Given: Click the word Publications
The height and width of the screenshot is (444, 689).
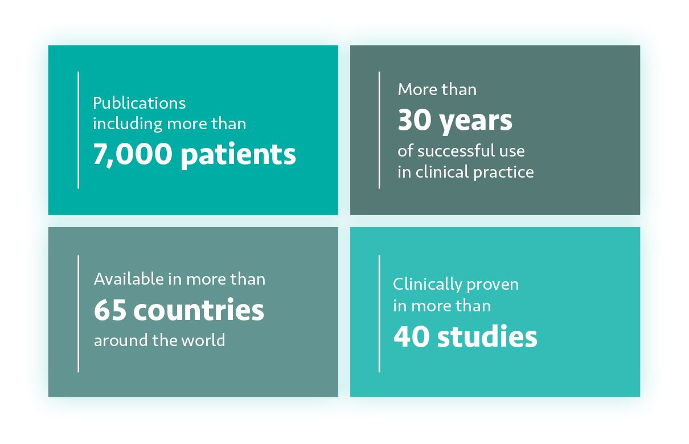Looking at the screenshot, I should click(x=140, y=104).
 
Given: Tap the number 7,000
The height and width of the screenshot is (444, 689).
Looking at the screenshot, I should click(x=132, y=154).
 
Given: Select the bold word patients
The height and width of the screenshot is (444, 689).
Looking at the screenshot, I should click(x=238, y=154).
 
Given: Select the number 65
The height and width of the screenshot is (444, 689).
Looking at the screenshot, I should click(x=110, y=310).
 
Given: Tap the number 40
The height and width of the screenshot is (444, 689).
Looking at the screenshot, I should click(x=411, y=336).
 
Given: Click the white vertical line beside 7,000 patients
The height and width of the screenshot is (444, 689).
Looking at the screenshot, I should click(x=78, y=130).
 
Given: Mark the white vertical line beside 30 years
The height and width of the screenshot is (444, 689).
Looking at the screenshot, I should click(x=379, y=130).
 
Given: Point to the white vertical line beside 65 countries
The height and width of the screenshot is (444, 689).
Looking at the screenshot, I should click(x=78, y=314).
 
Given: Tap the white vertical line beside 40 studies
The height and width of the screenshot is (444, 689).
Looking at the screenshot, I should click(x=379, y=314).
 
